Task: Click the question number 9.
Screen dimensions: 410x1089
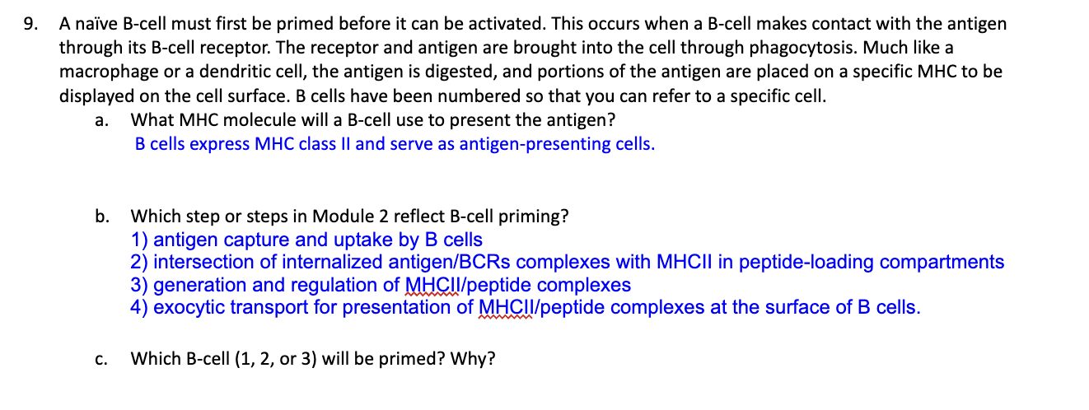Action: point(30,25)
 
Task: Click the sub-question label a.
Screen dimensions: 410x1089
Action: point(101,120)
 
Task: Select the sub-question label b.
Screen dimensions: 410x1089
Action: point(101,217)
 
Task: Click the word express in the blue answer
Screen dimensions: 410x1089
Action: point(219,144)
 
